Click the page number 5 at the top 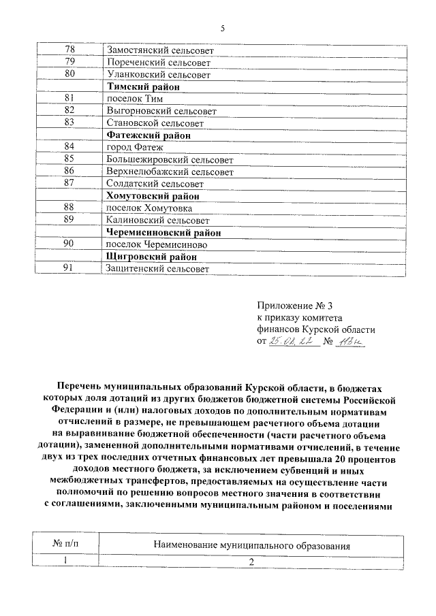pos(222,28)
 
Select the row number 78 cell pos(69,50)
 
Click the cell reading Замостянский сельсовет pos(160,50)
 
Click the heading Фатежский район pos(149,135)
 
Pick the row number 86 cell pos(69,172)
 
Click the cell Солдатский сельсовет pos(155,184)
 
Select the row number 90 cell pos(69,244)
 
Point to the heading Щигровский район pos(151,257)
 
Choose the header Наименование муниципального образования pos(251,546)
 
